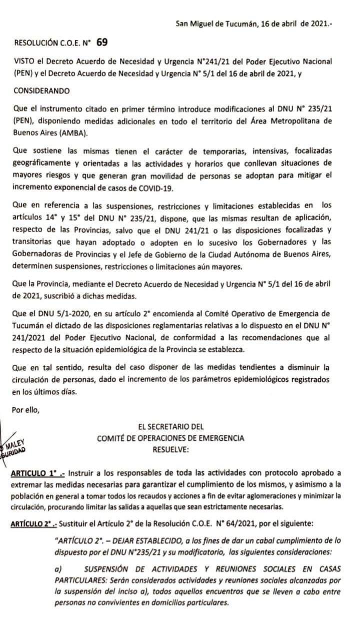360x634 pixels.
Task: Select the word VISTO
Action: (x=23, y=61)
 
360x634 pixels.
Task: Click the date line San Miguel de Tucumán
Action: (x=253, y=24)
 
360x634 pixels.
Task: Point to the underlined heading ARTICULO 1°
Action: (x=34, y=473)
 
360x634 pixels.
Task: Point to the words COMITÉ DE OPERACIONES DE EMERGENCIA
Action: (x=171, y=438)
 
